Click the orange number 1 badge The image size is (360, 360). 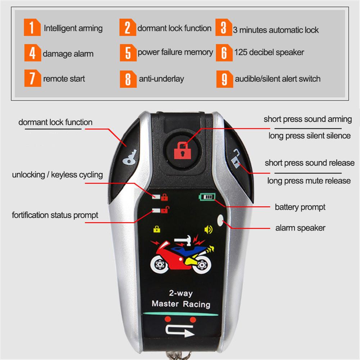pos(32,28)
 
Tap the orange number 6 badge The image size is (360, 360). pos(224,53)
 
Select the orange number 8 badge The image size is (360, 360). pos(128,79)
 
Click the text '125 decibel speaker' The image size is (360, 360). pos(269,53)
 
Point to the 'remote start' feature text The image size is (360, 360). pos(64,79)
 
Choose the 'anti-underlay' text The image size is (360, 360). pos(161,79)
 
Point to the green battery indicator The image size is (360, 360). pos(207,197)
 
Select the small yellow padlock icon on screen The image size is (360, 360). pos(157,228)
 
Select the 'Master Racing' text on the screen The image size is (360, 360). pos(181,304)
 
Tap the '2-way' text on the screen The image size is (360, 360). pos(181,293)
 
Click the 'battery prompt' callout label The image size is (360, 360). pos(300,207)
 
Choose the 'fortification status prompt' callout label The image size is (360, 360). pos(55,215)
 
